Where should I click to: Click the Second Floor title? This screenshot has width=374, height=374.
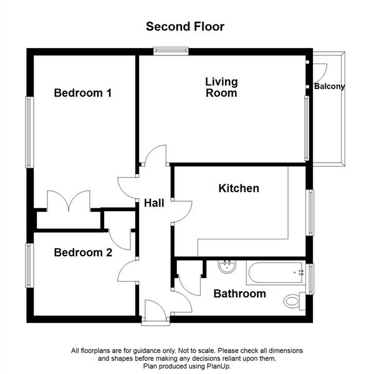pyautogui.click(x=185, y=26)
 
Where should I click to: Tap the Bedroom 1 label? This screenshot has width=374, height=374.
pyautogui.click(x=83, y=93)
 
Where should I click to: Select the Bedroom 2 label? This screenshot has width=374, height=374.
pyautogui.click(x=83, y=252)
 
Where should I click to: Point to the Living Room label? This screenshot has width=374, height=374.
pyautogui.click(x=221, y=87)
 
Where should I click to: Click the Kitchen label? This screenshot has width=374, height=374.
pyautogui.click(x=238, y=188)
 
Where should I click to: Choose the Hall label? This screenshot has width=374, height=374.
pyautogui.click(x=154, y=203)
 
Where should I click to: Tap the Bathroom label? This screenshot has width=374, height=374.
pyautogui.click(x=239, y=294)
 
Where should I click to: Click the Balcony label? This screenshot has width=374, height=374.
pyautogui.click(x=329, y=87)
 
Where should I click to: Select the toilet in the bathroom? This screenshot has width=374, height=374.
pyautogui.click(x=294, y=301)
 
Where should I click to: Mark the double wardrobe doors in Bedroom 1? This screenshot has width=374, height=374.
pyautogui.click(x=69, y=201)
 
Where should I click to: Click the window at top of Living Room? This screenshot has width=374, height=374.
pyautogui.click(x=171, y=52)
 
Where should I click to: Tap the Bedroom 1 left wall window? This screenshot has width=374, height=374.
pyautogui.click(x=28, y=132)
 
